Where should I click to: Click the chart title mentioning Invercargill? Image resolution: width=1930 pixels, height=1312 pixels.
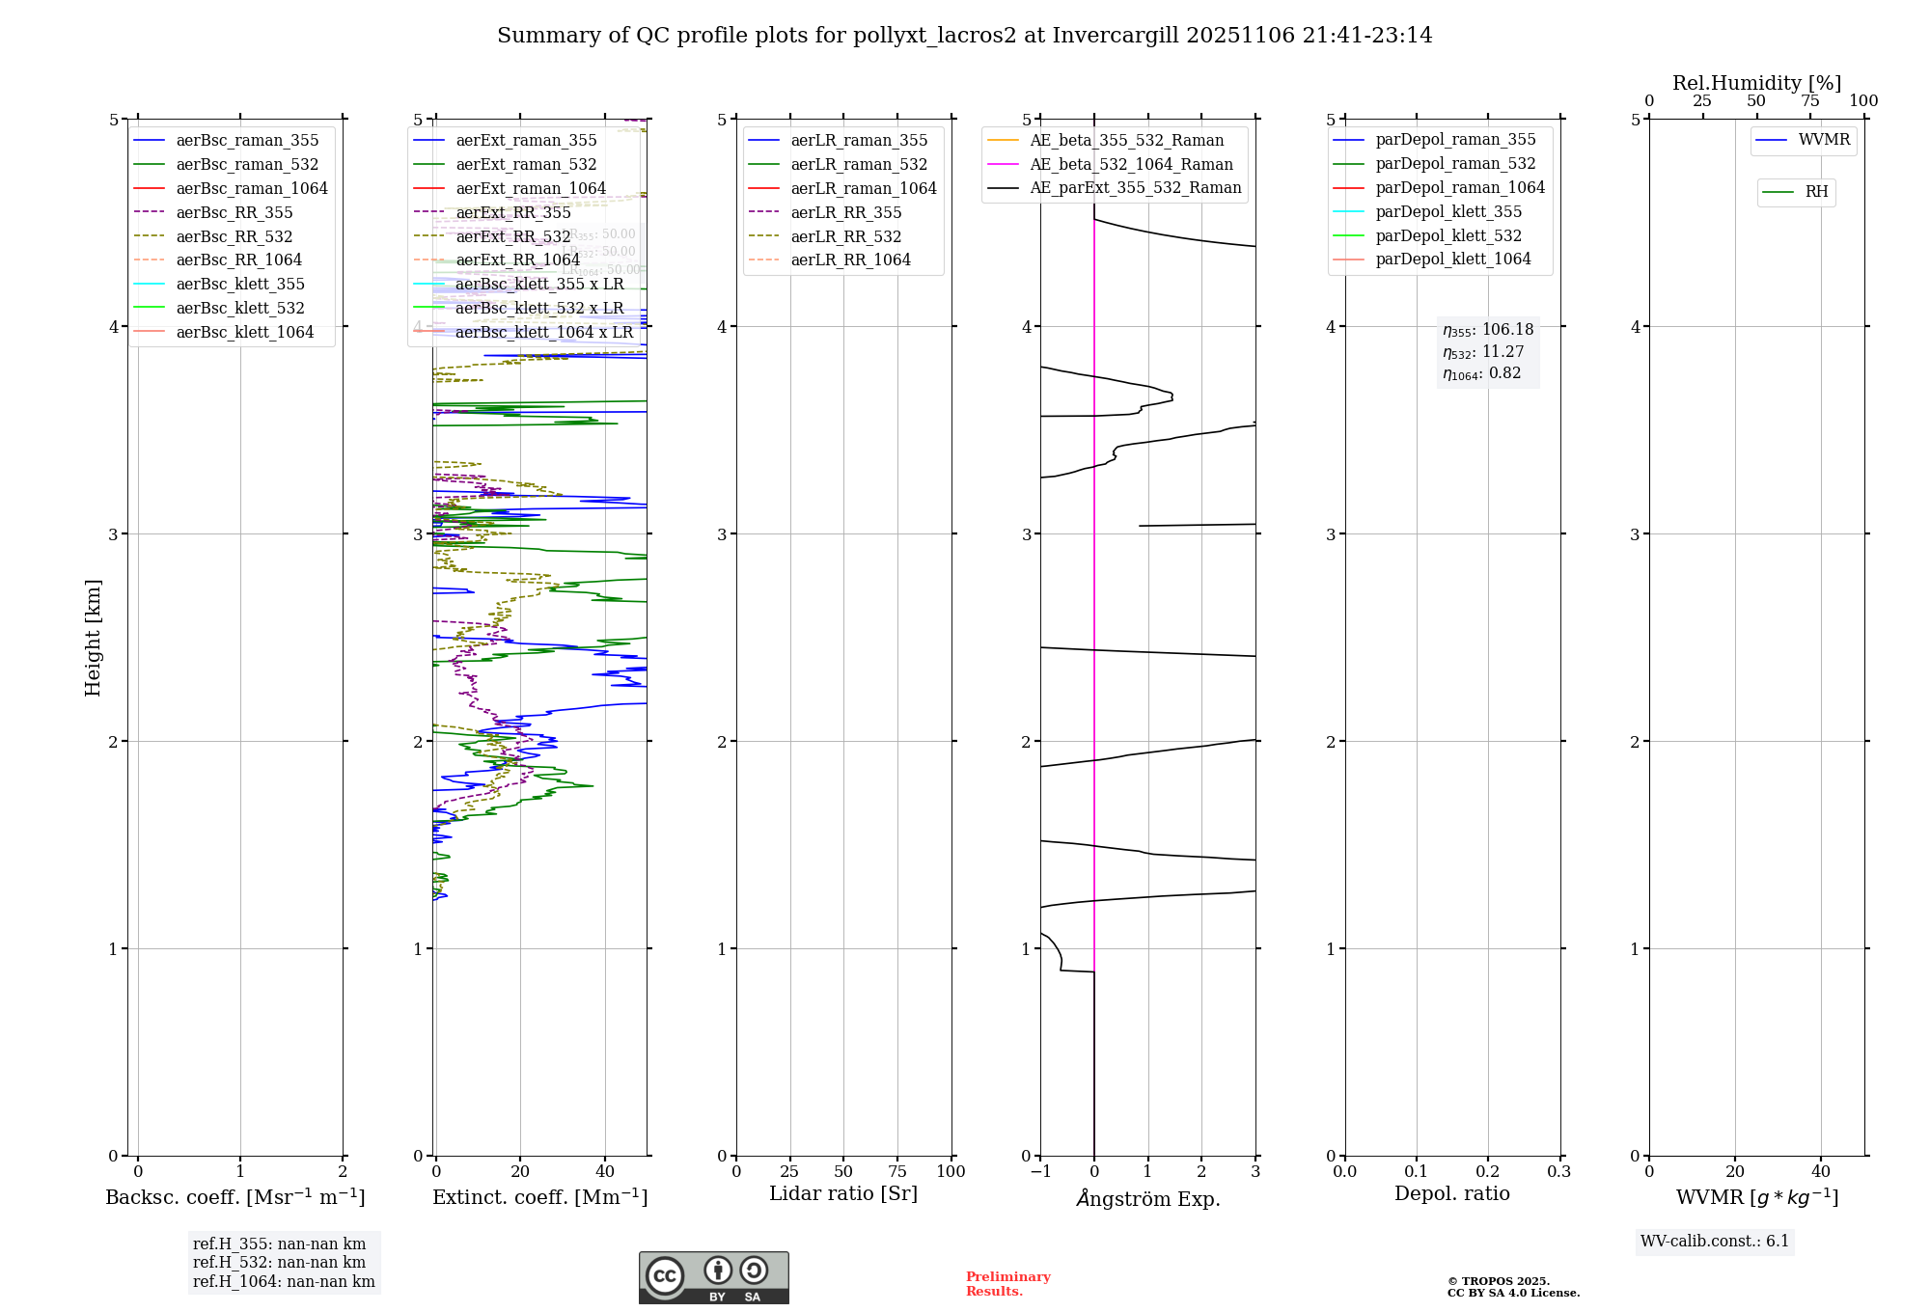(964, 36)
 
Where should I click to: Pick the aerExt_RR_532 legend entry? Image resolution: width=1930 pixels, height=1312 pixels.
(512, 237)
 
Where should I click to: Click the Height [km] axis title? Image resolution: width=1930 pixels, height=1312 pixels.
(93, 637)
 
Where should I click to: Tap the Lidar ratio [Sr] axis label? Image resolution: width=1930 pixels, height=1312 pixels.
(842, 1193)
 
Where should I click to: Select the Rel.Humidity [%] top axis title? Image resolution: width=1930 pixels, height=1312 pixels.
(1756, 83)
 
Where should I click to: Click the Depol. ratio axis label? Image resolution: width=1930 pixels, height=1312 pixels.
(1451, 1193)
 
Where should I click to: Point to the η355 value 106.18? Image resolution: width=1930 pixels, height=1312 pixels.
(1487, 330)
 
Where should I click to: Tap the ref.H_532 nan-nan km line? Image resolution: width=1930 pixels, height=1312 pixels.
(279, 1263)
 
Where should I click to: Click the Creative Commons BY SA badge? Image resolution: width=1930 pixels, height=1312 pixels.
(713, 1277)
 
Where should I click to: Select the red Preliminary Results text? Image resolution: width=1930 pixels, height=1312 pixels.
(1007, 1284)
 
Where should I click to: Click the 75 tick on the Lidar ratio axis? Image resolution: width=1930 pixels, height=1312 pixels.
(897, 1172)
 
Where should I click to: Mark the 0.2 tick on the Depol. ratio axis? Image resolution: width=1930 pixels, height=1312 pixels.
(1487, 1172)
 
